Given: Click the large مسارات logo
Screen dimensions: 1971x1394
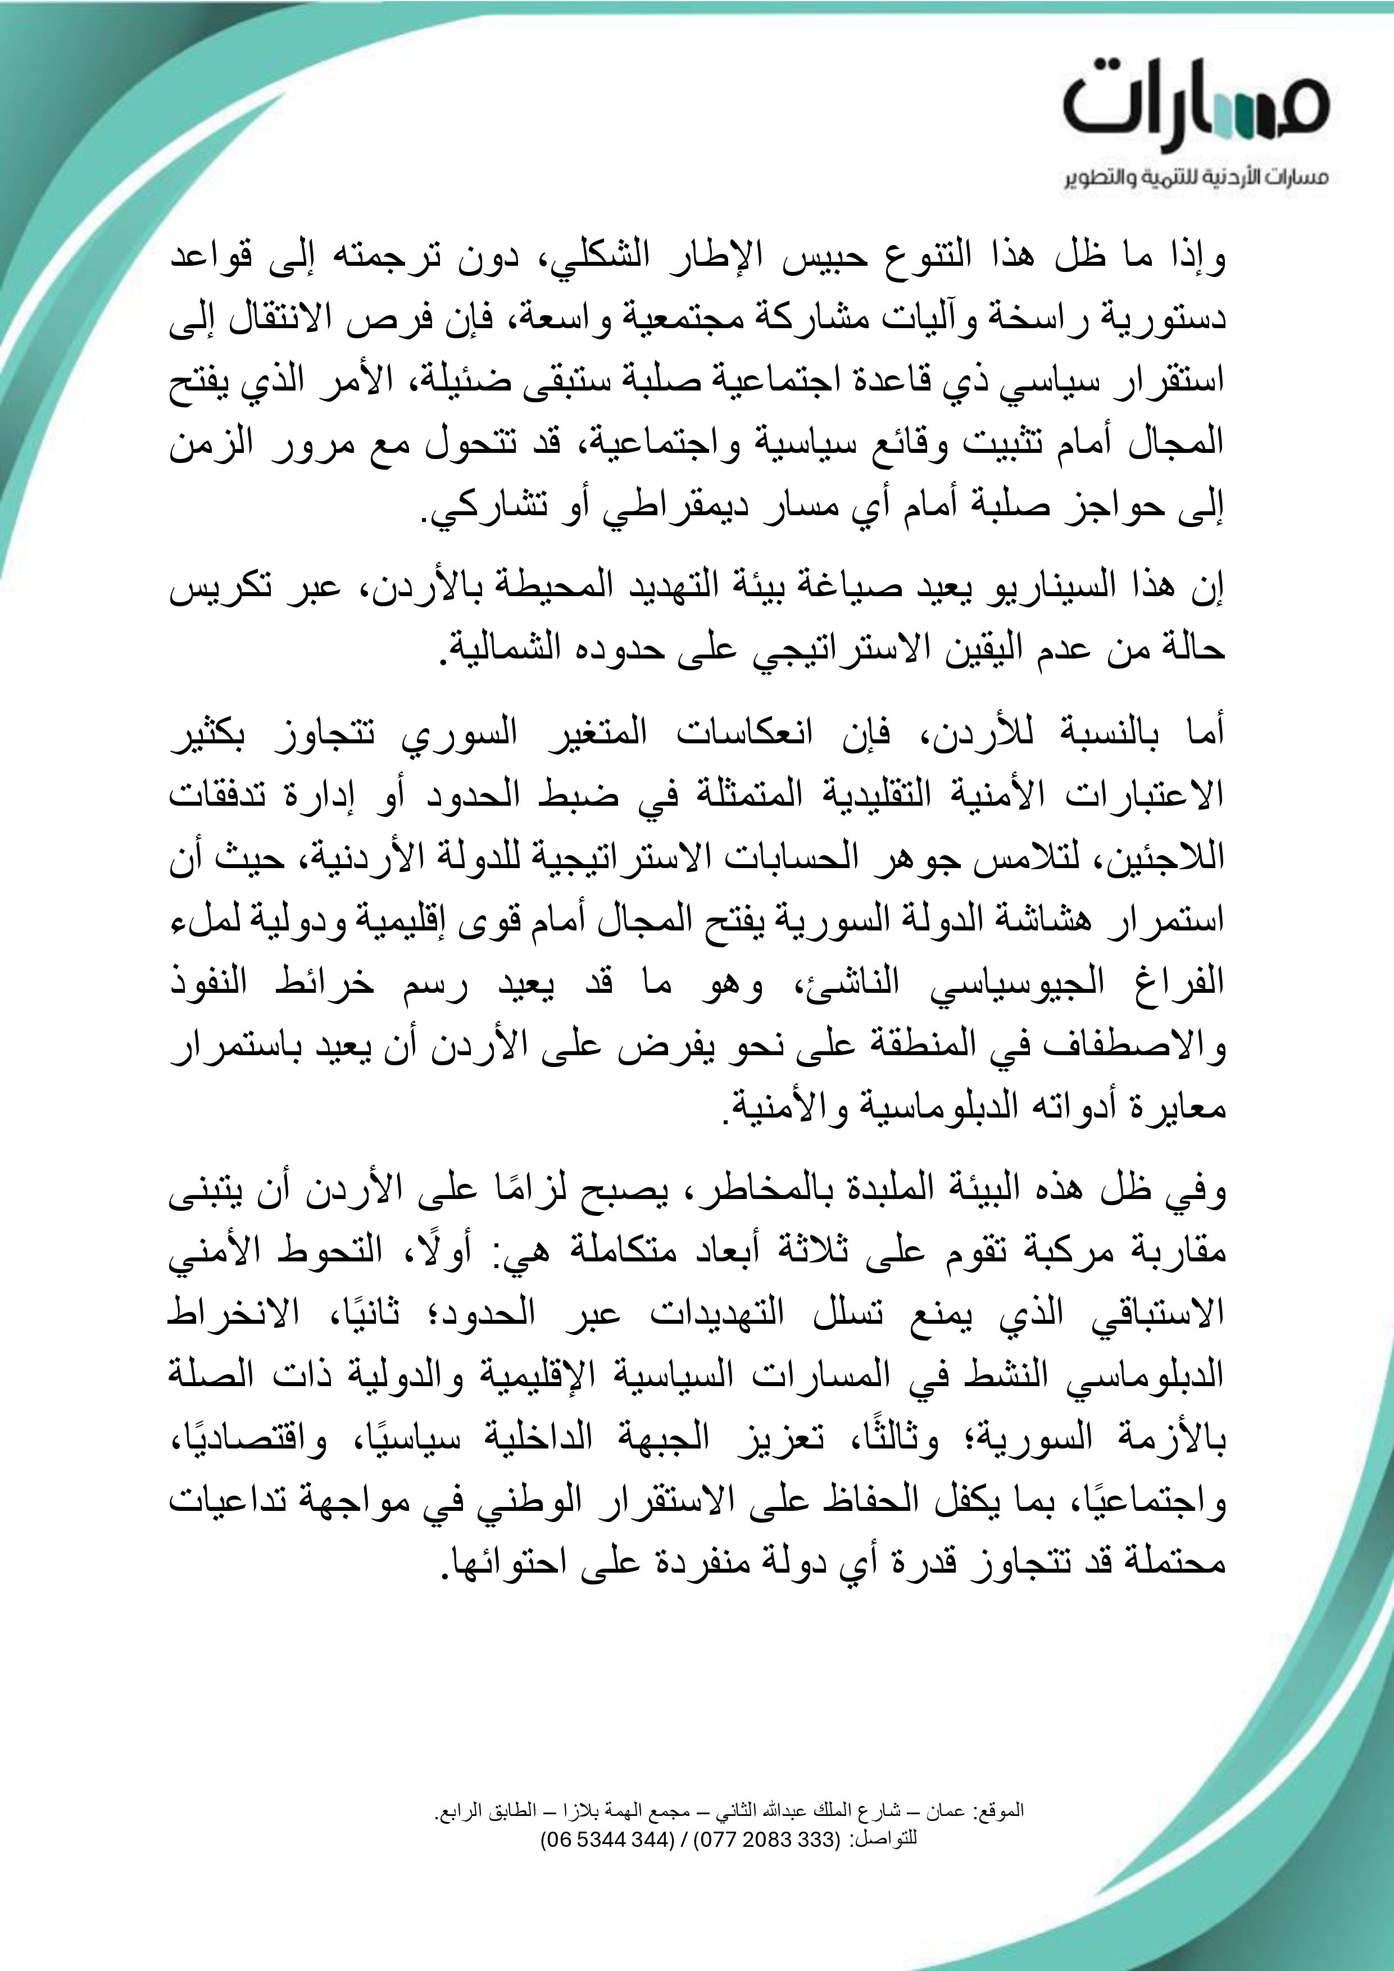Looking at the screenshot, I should [1196, 106].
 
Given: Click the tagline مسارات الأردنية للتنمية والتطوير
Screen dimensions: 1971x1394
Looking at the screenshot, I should [1196, 179].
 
